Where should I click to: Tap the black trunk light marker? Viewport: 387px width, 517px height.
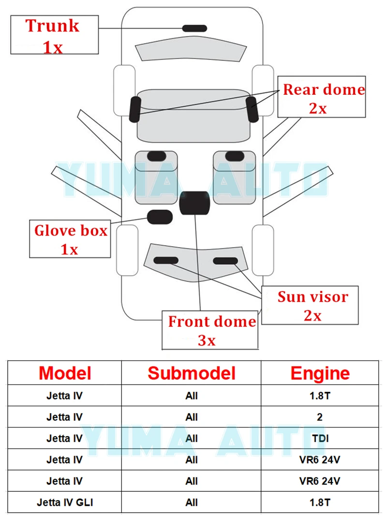194,28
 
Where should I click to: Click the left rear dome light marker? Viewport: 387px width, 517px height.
135,109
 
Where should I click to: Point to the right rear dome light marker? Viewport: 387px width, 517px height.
252,108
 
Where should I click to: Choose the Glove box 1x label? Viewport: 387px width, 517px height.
70,239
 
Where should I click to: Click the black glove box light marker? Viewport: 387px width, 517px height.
160,217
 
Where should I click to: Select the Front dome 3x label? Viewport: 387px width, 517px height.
211,330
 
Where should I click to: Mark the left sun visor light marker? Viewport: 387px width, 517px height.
166,261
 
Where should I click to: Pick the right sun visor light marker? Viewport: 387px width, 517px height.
225,261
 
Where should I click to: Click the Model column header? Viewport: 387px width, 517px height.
65,373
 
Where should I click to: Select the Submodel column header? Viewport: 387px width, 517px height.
192,373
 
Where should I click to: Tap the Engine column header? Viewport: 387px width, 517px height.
320,373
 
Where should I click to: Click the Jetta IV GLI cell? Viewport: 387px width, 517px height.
65,502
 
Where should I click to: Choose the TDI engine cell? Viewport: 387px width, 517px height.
320,438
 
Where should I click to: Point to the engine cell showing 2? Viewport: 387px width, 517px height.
320,416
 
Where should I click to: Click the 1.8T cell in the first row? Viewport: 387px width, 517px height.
320,395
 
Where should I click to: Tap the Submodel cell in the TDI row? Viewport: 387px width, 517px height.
192,438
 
